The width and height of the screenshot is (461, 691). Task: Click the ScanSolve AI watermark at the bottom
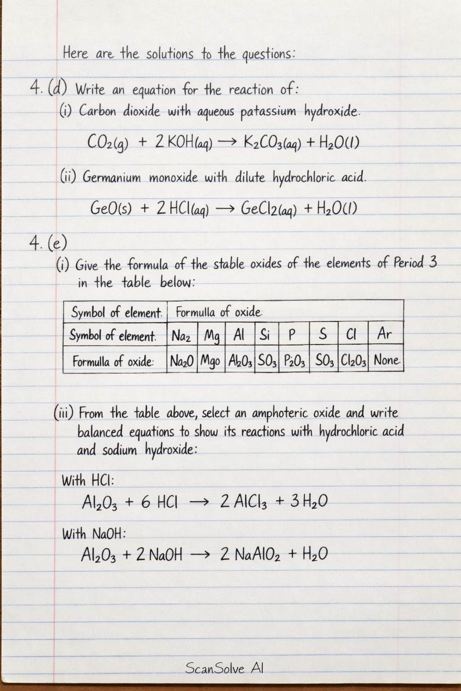(x=224, y=668)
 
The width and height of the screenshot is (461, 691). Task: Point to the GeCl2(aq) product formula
(x=269, y=209)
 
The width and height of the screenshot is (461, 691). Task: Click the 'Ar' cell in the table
(x=385, y=334)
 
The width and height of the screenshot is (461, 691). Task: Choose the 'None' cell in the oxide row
(x=386, y=360)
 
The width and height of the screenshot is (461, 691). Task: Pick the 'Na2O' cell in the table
(x=181, y=360)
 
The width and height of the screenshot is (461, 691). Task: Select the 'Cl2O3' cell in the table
(x=353, y=360)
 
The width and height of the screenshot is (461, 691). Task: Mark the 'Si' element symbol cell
(x=265, y=334)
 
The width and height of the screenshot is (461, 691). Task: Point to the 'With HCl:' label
(x=88, y=480)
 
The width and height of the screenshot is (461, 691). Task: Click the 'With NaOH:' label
(x=94, y=534)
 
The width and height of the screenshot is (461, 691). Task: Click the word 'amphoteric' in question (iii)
(x=280, y=413)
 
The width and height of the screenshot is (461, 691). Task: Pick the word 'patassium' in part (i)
(x=268, y=112)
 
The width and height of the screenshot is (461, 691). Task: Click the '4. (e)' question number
(x=48, y=243)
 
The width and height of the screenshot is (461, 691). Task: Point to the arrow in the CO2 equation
(x=226, y=143)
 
